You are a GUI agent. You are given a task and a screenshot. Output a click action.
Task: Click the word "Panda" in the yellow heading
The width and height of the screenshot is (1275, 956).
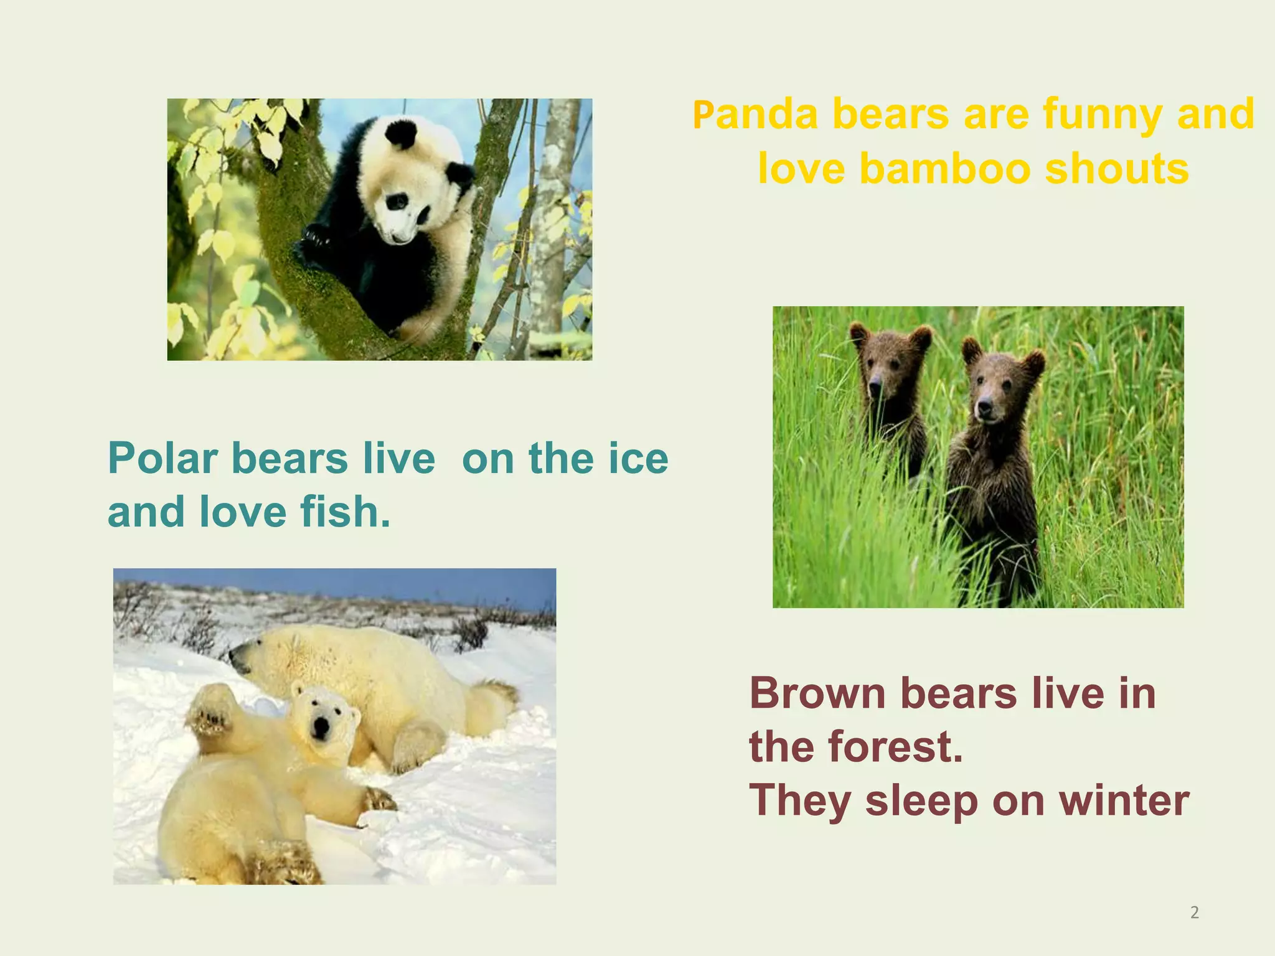point(755,115)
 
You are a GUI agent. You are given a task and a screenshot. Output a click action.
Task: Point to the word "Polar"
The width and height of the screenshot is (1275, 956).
point(162,459)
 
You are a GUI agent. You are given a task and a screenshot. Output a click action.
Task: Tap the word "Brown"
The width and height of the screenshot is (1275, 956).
point(817,693)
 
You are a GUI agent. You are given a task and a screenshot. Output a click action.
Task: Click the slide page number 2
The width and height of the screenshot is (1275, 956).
point(1194,913)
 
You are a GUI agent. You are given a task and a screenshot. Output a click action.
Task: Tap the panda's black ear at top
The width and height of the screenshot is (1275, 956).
point(400,133)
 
